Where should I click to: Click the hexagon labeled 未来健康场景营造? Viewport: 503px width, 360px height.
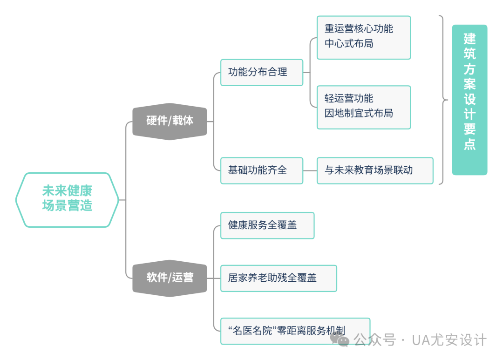(67, 200)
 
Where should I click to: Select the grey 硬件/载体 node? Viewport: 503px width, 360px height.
(170, 121)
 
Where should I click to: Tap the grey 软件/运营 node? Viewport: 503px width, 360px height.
(170, 278)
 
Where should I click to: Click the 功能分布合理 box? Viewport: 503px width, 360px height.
(262, 73)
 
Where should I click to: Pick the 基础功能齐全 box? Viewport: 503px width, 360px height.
(262, 171)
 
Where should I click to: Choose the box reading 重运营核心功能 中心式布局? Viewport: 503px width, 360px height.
(364, 38)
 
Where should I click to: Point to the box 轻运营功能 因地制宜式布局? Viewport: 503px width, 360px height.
(364, 108)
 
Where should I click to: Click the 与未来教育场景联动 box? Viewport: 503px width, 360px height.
(375, 171)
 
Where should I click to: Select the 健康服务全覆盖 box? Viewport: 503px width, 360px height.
(267, 225)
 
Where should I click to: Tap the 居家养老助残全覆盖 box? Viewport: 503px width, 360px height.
(279, 278)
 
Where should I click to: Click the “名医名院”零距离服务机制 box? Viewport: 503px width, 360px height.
(295, 331)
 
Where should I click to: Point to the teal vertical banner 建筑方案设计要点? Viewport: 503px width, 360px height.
(469, 100)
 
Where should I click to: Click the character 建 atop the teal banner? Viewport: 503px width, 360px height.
(469, 39)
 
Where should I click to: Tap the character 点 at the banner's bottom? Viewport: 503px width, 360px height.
(469, 144)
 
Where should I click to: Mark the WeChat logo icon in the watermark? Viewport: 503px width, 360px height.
(340, 340)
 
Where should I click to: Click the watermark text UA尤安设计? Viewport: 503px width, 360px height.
(449, 340)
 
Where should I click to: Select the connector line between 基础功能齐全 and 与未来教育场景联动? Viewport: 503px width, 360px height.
(310, 171)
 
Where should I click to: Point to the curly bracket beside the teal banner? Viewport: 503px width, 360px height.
(443, 100)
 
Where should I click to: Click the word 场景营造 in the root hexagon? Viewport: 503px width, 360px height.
(67, 206)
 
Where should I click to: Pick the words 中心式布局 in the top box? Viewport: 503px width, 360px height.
(349, 43)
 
